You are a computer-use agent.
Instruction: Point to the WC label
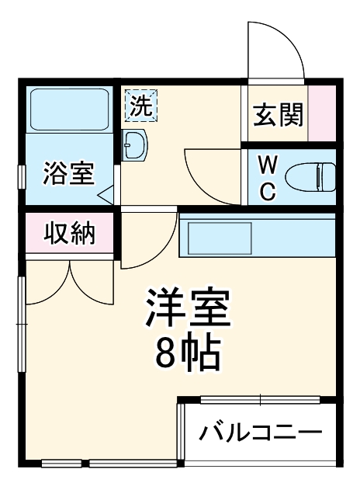[267, 179]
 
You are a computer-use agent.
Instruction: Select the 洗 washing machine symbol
[140, 105]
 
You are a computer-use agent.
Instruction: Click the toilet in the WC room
[310, 176]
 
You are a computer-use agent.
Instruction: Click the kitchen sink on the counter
[216, 238]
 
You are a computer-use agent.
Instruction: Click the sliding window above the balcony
[259, 401]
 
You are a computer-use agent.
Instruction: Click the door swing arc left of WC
[208, 175]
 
